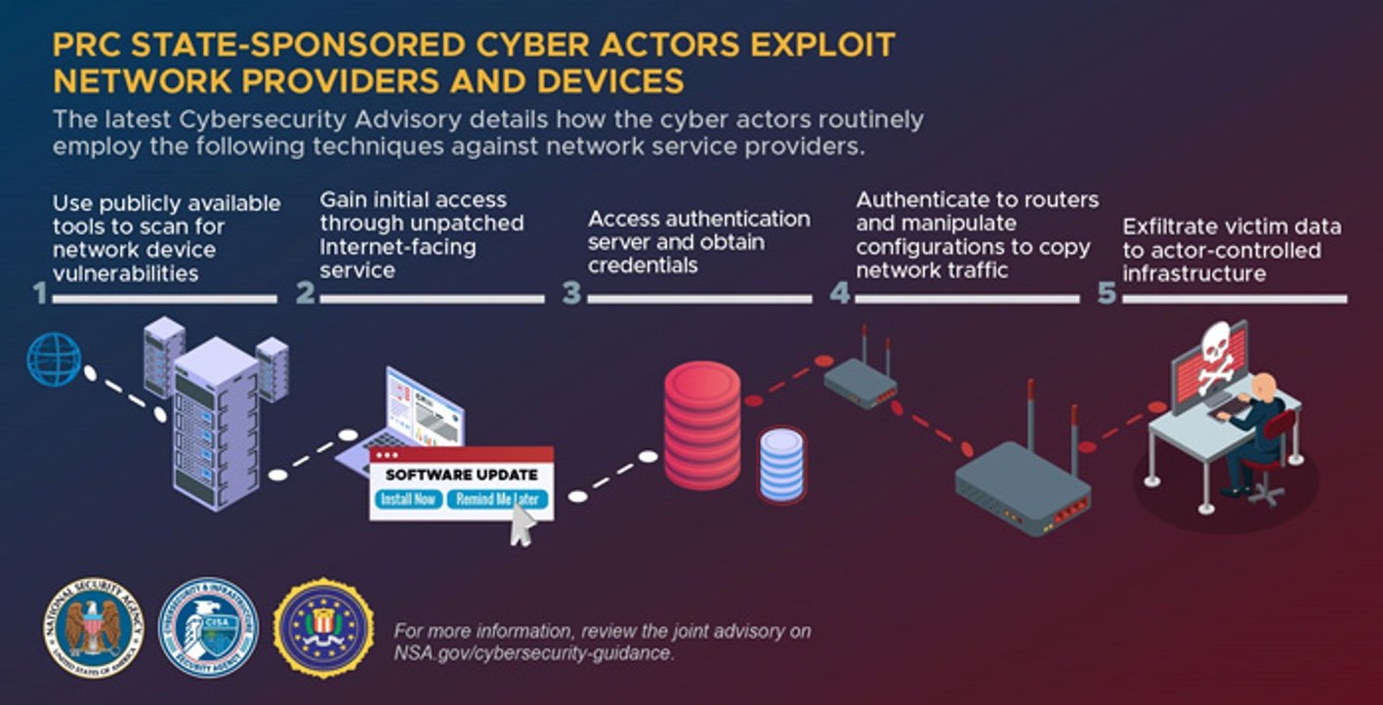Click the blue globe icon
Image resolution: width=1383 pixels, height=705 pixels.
click(54, 359)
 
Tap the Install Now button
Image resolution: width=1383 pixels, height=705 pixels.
click(407, 500)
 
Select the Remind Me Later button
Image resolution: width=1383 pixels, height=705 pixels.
click(497, 500)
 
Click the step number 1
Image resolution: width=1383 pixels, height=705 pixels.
click(40, 292)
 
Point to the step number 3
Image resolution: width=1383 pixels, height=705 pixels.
click(571, 292)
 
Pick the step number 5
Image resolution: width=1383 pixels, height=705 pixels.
click(1107, 292)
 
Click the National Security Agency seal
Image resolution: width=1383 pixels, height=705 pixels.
click(94, 628)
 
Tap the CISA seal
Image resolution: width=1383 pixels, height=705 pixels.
click(208, 628)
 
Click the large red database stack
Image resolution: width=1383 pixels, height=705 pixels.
click(702, 425)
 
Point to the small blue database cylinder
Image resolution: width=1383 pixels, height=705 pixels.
click(781, 465)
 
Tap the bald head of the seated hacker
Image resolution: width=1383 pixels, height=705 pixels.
click(1264, 385)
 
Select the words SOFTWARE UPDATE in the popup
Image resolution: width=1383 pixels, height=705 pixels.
click(461, 475)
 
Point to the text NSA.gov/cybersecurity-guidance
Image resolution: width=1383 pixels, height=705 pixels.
click(534, 653)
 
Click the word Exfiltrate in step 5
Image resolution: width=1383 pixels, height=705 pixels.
click(1167, 228)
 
